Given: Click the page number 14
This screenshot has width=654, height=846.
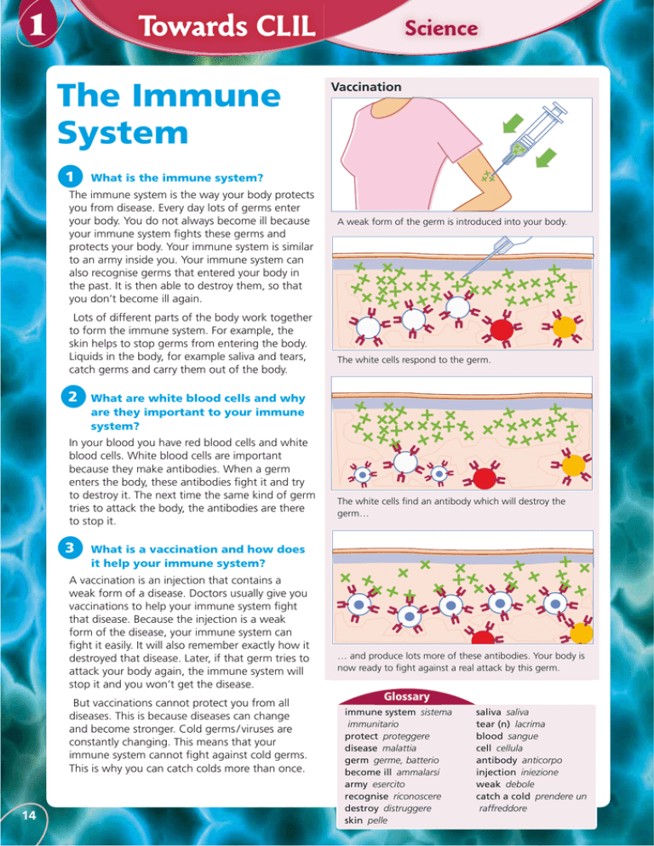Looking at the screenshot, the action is tap(29, 815).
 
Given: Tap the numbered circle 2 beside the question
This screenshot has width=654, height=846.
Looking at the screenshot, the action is tap(73, 397).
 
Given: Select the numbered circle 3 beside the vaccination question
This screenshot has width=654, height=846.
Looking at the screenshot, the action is tap(70, 547).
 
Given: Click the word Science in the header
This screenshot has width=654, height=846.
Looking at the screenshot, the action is tap(441, 28).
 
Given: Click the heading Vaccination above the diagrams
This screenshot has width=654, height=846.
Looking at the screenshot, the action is tap(366, 87).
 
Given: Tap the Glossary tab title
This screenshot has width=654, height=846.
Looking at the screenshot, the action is tap(407, 696).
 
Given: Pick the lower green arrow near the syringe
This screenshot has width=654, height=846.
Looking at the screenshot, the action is tap(546, 157).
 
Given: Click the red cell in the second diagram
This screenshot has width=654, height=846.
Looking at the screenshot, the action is tap(502, 328).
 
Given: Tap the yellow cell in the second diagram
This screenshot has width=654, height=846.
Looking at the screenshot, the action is tap(565, 327).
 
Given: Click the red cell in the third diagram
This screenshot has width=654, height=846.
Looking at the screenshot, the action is tap(485, 477).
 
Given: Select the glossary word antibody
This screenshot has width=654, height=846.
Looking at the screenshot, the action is tap(496, 760).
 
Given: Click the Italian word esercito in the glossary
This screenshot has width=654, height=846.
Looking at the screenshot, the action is tap(388, 784).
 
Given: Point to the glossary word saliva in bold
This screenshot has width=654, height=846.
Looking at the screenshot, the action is tap(488, 712).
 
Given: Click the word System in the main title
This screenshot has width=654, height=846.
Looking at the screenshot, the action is tap(123, 133).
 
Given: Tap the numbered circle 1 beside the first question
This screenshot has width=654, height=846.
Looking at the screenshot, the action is tap(70, 176).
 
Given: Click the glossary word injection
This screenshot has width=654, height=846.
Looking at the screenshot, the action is tap(496, 772).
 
